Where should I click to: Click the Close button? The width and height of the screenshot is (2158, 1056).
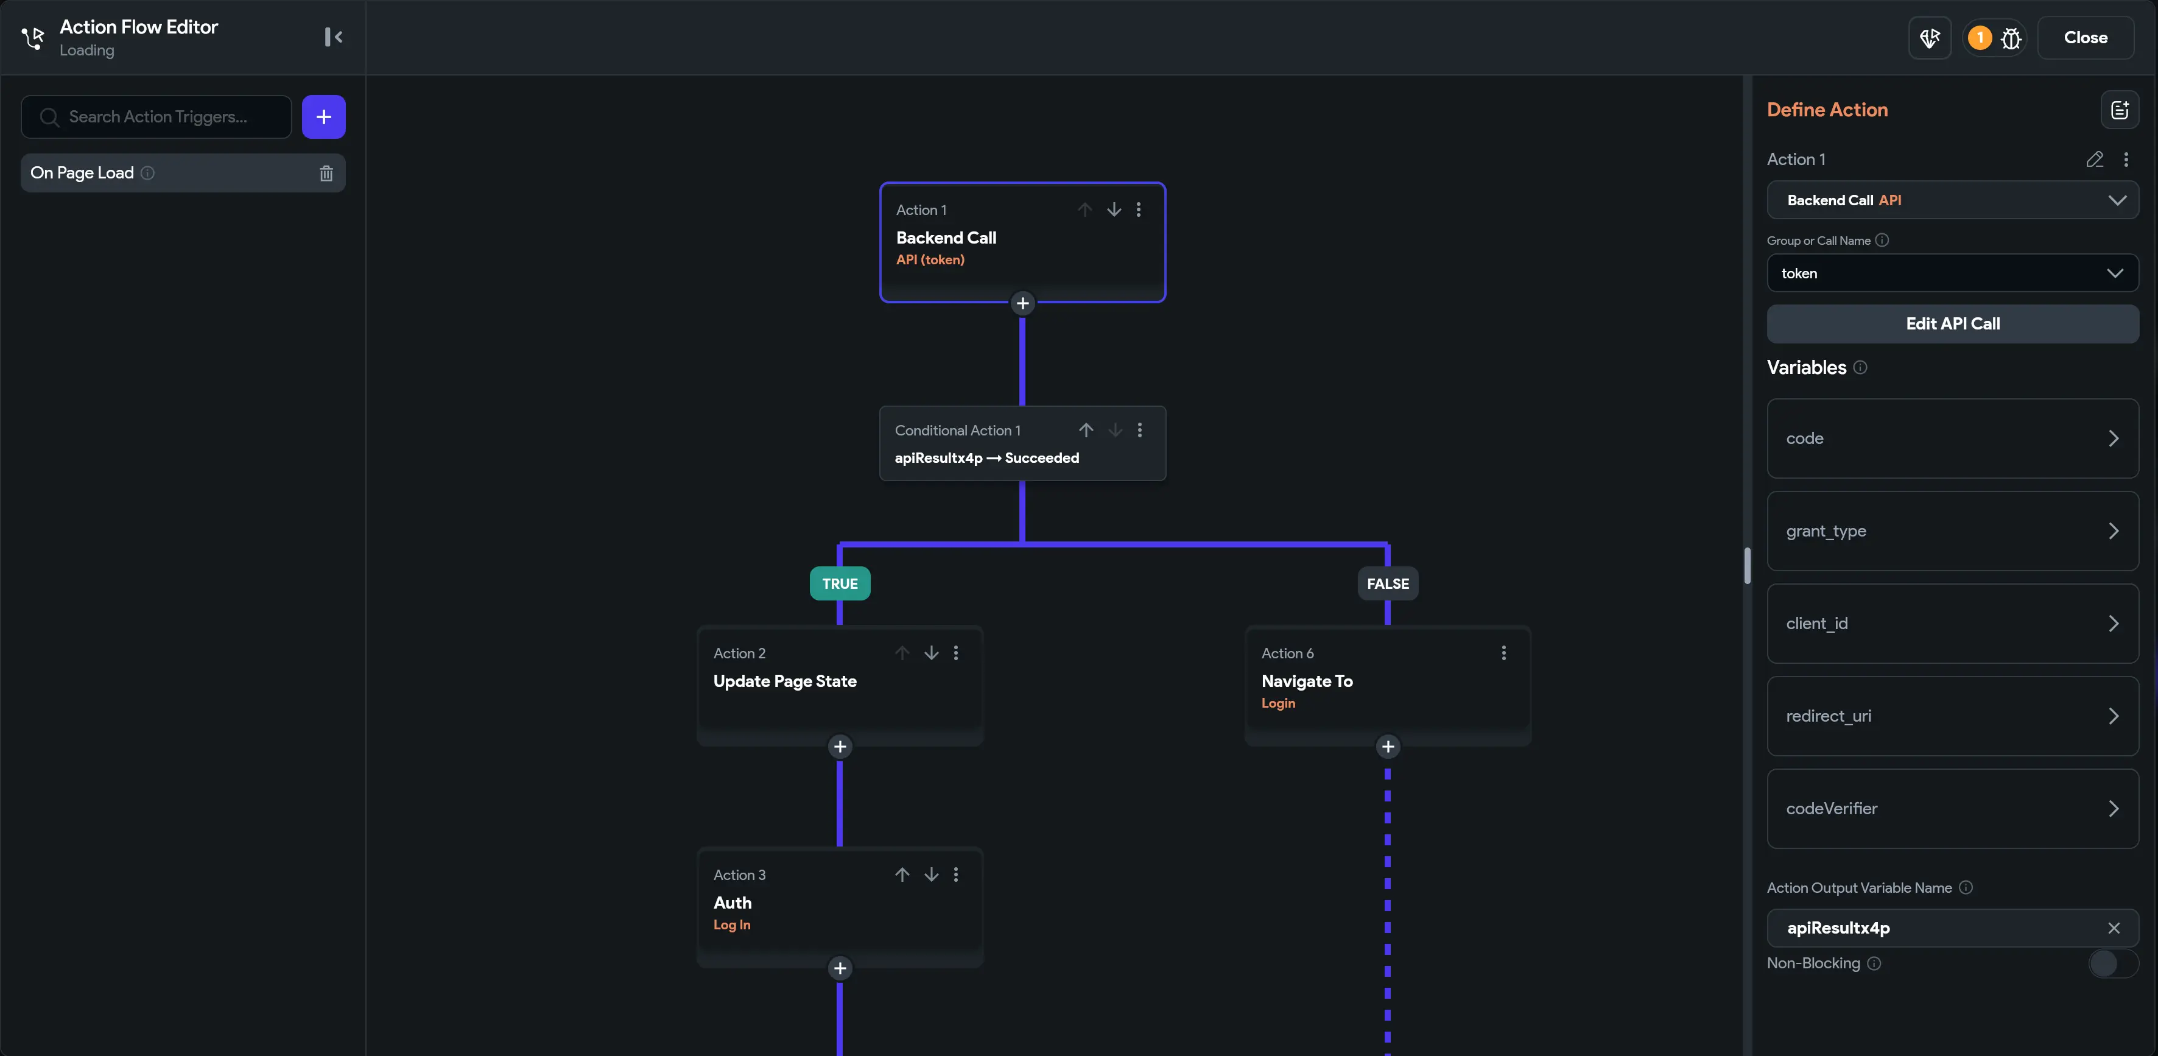point(2084,38)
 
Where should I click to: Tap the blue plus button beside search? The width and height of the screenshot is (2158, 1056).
point(323,116)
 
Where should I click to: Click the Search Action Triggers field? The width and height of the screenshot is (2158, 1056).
point(158,116)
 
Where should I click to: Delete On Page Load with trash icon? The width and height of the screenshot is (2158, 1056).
point(326,174)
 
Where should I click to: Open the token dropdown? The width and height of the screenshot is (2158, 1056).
point(1952,273)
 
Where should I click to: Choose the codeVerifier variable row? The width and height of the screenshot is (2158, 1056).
point(1952,809)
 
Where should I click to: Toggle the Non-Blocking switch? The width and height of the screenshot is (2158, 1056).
point(2111,964)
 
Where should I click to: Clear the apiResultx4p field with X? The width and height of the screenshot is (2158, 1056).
point(2114,928)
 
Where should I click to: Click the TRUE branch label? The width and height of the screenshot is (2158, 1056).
point(840,584)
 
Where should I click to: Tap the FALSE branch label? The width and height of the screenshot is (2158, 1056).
point(1387,584)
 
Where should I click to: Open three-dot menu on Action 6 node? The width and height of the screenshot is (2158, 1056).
point(1504,653)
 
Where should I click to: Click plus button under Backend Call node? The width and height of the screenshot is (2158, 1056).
point(1022,303)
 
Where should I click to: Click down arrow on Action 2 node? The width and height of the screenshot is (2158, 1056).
point(930,653)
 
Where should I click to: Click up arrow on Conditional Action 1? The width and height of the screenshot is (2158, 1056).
point(1086,430)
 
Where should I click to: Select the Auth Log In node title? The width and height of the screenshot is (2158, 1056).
point(732,903)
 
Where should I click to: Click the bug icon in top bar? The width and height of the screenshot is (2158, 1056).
point(2011,38)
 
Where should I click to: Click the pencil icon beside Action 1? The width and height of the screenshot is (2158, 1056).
point(2094,159)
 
